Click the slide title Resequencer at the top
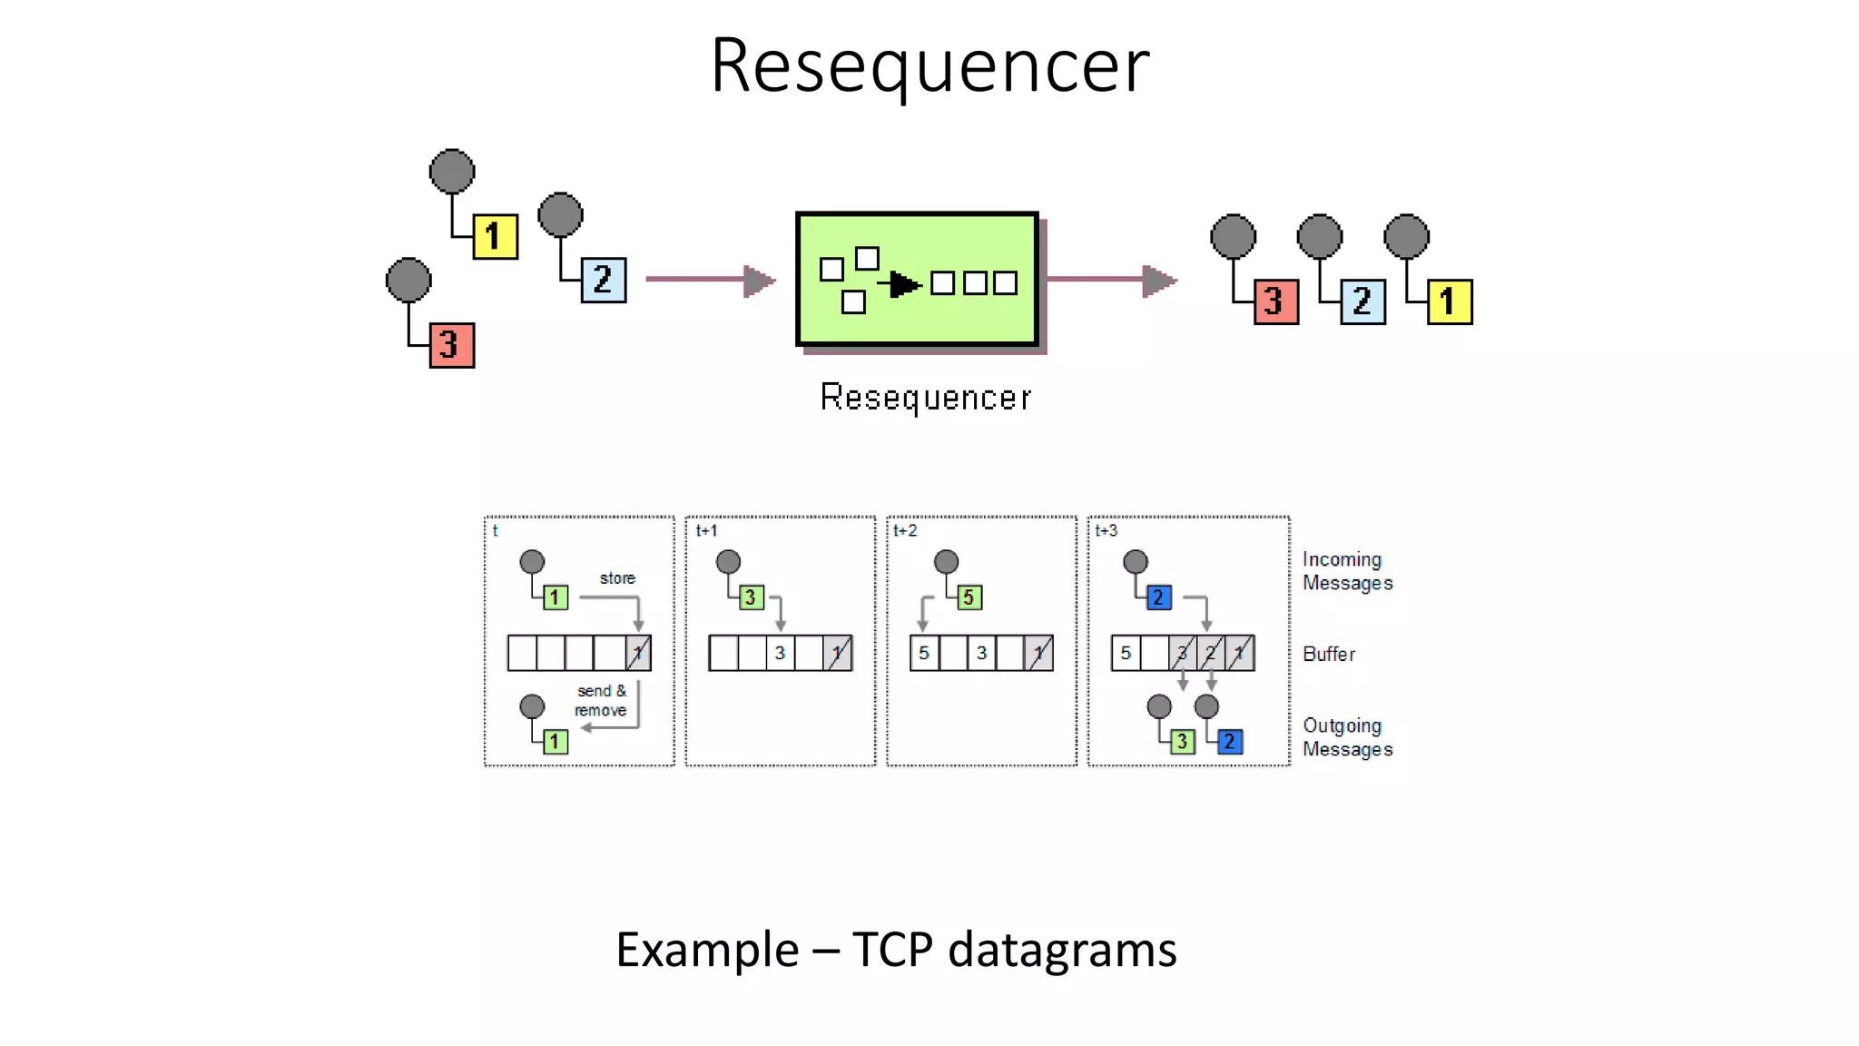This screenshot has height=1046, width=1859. click(929, 65)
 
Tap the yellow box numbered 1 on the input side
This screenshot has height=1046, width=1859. click(495, 237)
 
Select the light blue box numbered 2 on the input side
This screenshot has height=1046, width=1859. click(603, 280)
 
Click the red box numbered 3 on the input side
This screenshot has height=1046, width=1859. click(451, 345)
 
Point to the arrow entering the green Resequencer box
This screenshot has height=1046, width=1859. click(710, 280)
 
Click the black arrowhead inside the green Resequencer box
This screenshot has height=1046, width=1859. click(903, 284)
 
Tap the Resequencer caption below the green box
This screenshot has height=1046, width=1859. click(925, 398)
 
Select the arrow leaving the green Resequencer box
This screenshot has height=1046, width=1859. click(1111, 280)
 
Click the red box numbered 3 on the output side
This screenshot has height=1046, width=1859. click(1275, 301)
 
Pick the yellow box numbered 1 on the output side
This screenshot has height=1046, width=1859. click(1450, 301)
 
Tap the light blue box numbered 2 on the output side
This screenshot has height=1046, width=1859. click(1362, 301)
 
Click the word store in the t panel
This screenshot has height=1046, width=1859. click(617, 578)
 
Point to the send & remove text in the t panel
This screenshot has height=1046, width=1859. click(601, 700)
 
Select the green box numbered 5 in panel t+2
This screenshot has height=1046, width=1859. click(969, 597)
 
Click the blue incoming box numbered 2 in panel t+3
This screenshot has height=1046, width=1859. click(1158, 597)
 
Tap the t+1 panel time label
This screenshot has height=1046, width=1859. click(706, 530)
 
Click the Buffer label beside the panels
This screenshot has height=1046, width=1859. click(1328, 654)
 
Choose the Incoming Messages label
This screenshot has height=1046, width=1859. click(1347, 571)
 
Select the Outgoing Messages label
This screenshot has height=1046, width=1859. click(1347, 737)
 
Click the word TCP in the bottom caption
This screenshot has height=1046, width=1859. click(892, 951)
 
